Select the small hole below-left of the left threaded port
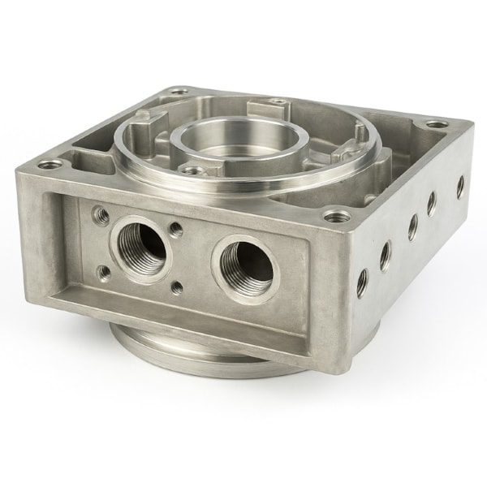pyautogui.click(x=101, y=272)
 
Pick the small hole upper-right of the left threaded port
pyautogui.click(x=175, y=229)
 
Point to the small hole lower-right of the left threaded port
pyautogui.click(x=176, y=287)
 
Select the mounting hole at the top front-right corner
pyautogui.click(x=333, y=216)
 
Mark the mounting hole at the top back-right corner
pyautogui.click(x=437, y=125)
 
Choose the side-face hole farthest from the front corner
pyautogui.click(x=460, y=186)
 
